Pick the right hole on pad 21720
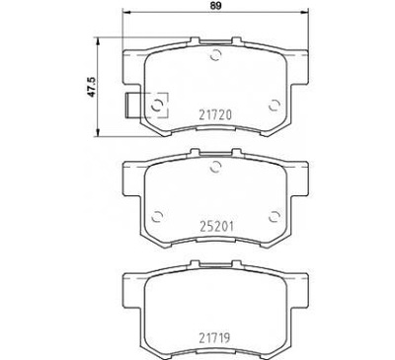tap(273, 102)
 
